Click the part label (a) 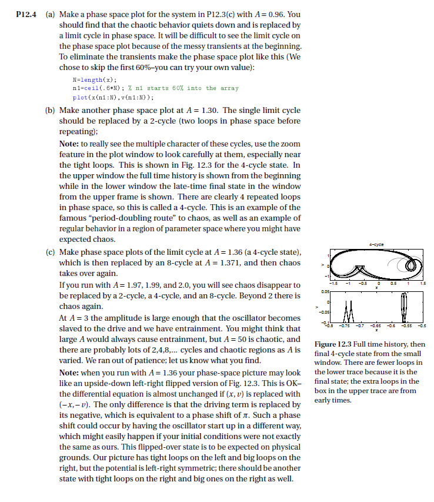point(50,14)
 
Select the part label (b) point(50,111)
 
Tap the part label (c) point(50,252)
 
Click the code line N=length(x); point(94,79)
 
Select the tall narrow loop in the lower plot point(403,308)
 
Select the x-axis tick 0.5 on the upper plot point(399,283)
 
